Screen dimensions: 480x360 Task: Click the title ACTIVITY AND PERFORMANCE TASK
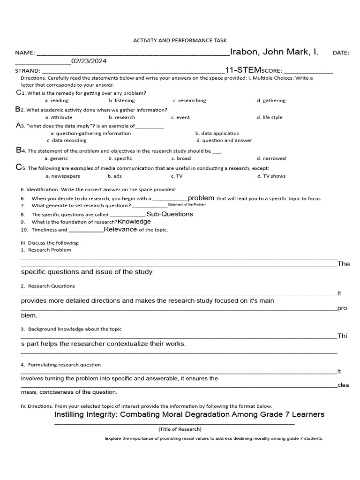pos(180,41)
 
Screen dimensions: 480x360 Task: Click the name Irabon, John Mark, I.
pos(274,52)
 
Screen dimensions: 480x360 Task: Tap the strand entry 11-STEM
pos(243,70)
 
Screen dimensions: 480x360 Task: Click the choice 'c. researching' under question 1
pos(189,101)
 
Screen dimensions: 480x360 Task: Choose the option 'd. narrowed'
pos(271,159)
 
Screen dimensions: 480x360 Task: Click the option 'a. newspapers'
pos(63,176)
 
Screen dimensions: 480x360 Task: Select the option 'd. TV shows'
pos(271,176)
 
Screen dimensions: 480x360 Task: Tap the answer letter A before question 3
pos(19,126)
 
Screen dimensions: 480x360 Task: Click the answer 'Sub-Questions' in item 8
pos(170,214)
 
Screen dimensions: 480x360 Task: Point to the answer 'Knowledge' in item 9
pos(134,222)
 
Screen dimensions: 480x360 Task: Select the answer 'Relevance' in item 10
pos(120,230)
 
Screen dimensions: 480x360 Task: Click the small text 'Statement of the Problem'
pos(187,205)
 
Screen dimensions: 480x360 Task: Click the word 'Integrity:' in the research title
pos(108,415)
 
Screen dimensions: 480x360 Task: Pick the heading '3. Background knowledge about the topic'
pos(71,330)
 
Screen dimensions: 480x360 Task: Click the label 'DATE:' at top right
pos(341,53)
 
